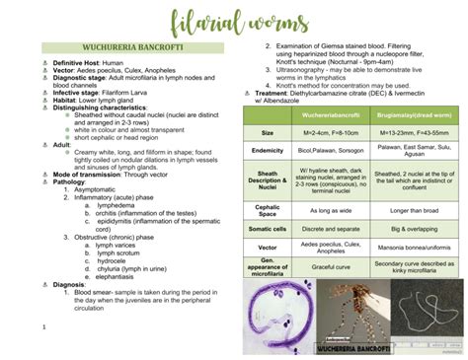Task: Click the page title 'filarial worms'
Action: coord(233,22)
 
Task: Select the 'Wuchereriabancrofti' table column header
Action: coord(321,114)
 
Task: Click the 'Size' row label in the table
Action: coord(267,132)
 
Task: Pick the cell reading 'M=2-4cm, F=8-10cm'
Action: coord(321,132)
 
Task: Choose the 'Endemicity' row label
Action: coord(267,151)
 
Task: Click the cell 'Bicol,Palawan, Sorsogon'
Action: coord(321,151)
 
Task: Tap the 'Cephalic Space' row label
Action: coord(267,210)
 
